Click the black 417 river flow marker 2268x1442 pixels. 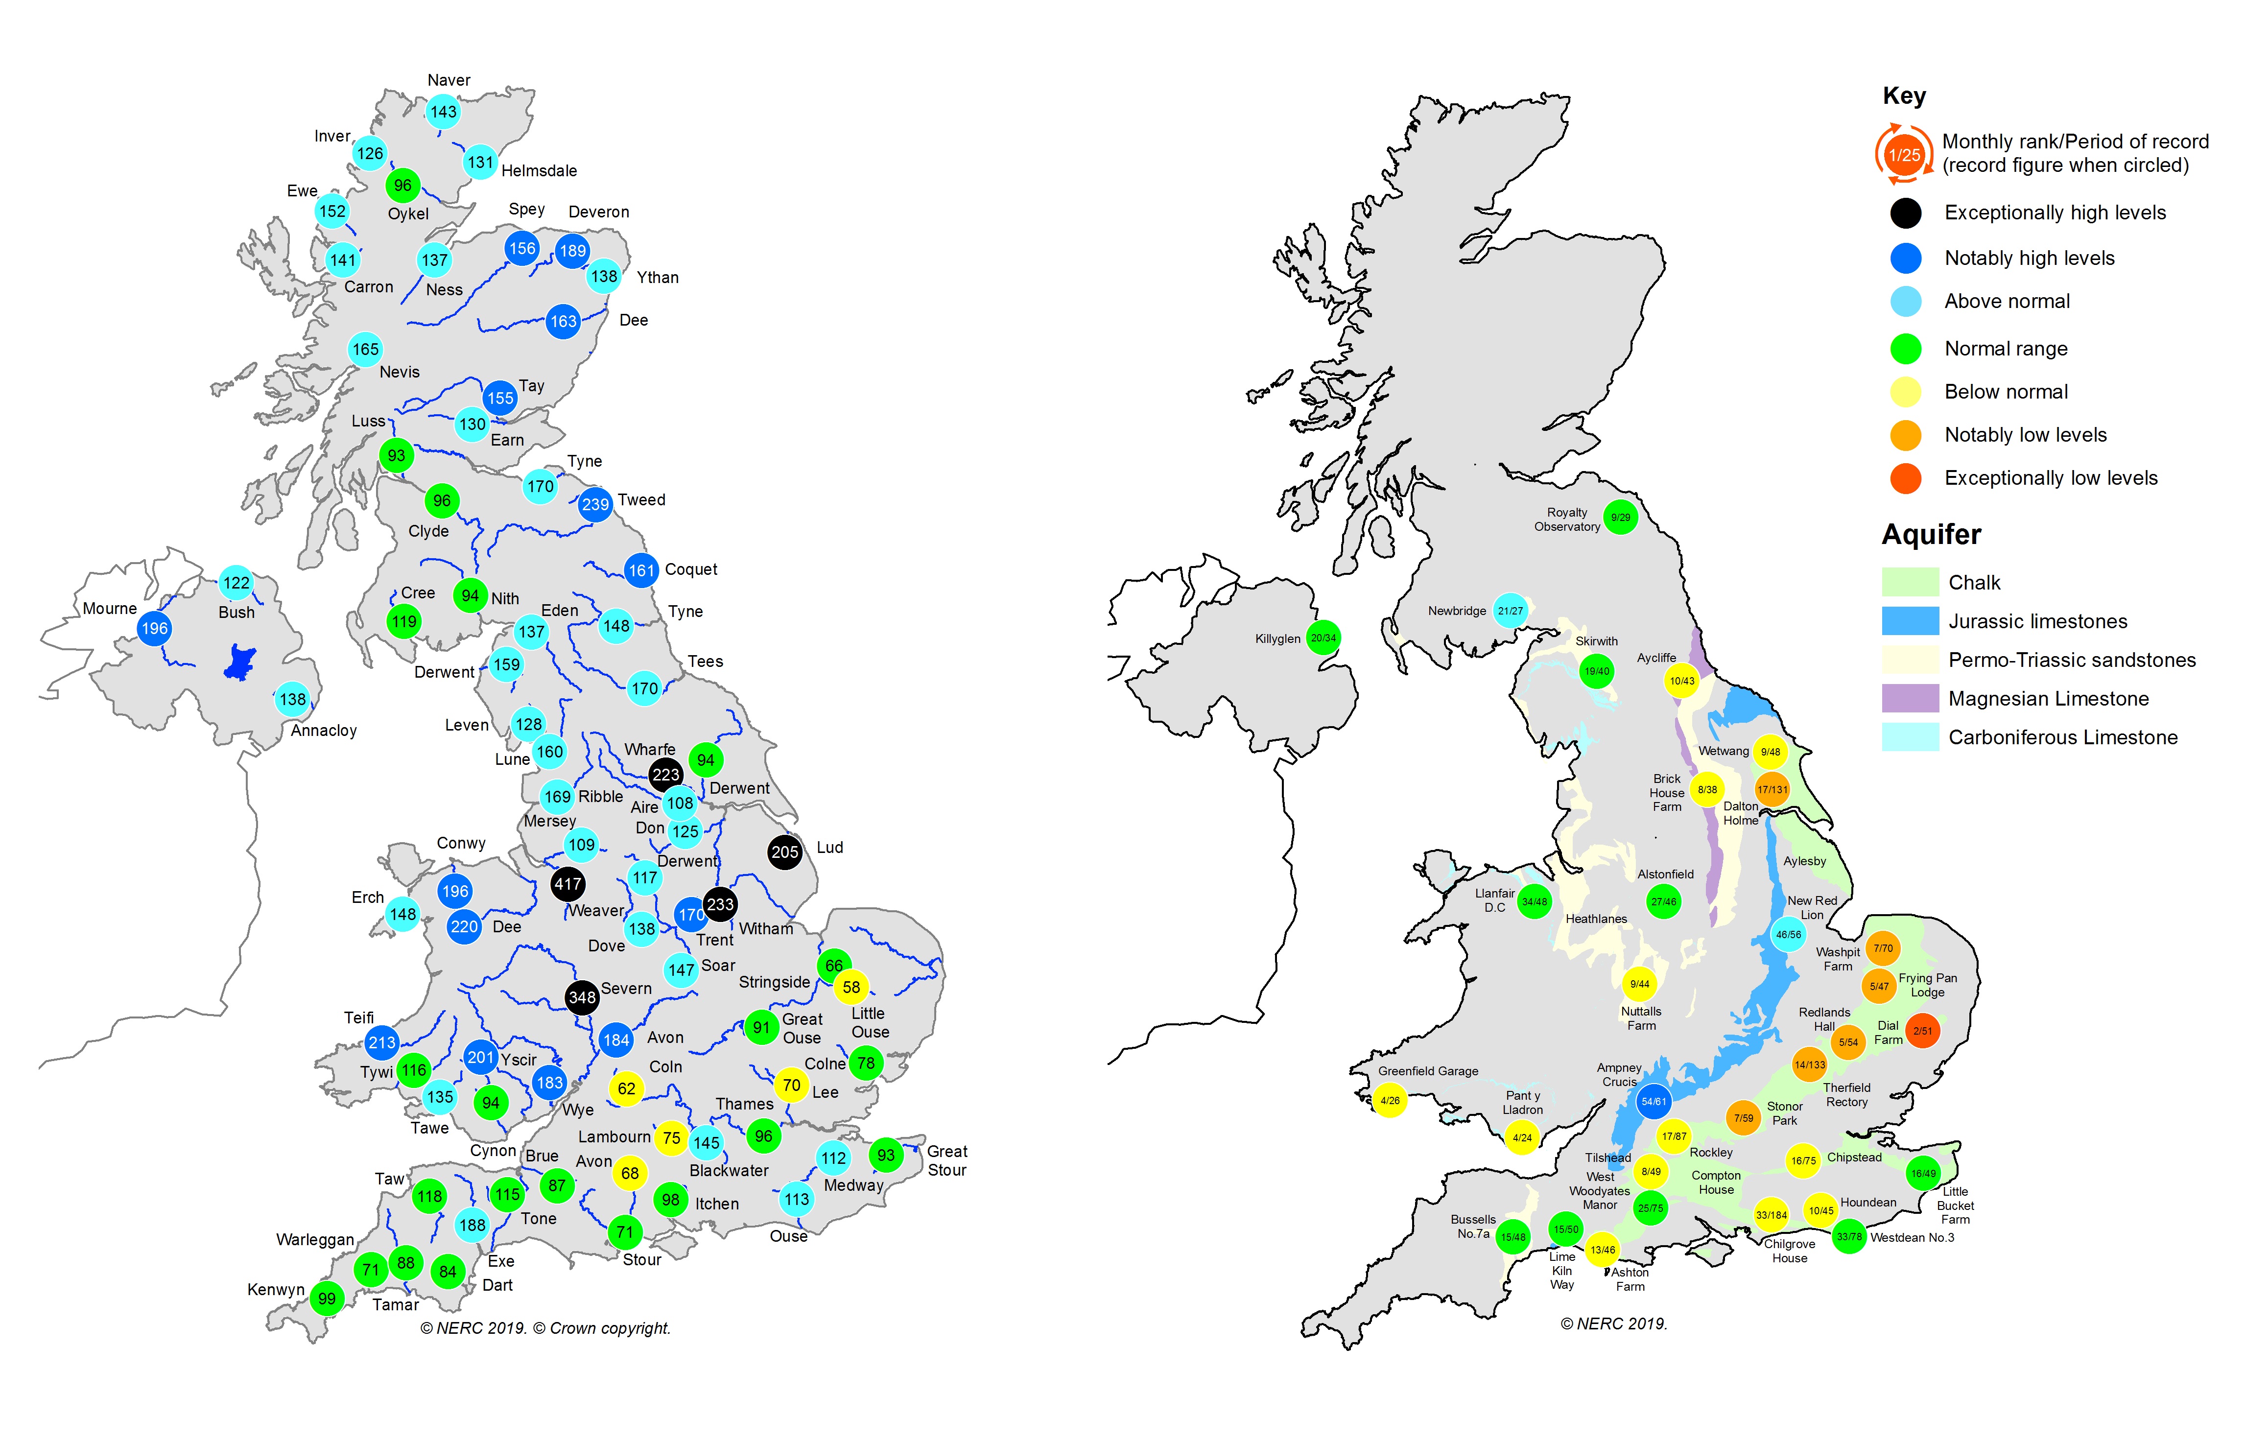(x=567, y=883)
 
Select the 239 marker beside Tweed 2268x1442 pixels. (x=595, y=504)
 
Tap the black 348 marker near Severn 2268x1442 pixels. (x=582, y=996)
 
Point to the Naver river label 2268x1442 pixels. (x=449, y=80)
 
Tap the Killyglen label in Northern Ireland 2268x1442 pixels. (x=1277, y=638)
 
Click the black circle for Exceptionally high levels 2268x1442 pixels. (x=1905, y=213)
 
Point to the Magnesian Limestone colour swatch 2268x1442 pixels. (x=1909, y=698)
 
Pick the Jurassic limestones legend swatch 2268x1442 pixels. (x=1909, y=621)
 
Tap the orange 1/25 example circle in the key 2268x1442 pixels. (x=1904, y=154)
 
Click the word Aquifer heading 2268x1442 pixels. (x=1931, y=534)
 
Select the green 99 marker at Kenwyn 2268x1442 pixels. (x=327, y=1298)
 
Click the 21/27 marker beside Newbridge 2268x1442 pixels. (x=1510, y=610)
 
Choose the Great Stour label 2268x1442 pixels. (x=946, y=1160)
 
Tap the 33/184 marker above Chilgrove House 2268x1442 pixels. (x=1771, y=1214)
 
